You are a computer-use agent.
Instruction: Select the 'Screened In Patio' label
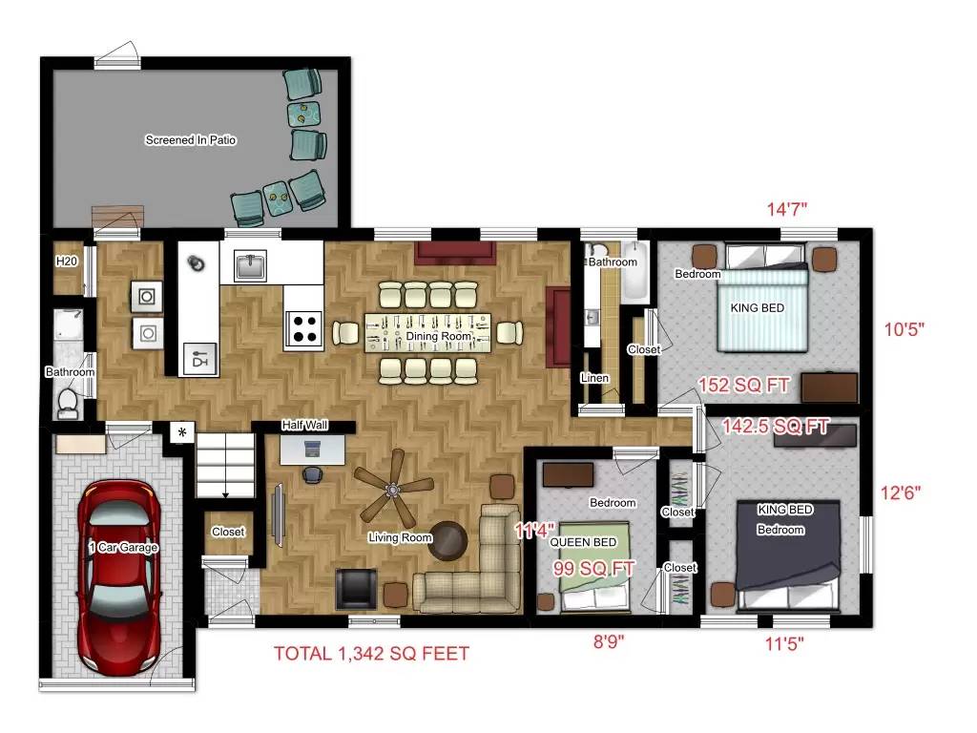[x=191, y=140]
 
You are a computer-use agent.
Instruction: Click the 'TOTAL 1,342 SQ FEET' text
[x=371, y=654]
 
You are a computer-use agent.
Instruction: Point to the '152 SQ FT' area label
[x=743, y=386]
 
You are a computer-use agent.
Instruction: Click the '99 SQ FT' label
[x=593, y=569]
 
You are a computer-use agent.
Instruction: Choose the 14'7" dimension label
[x=788, y=209]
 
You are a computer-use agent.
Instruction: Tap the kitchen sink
[x=251, y=267]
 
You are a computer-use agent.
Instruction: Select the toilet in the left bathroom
[x=67, y=403]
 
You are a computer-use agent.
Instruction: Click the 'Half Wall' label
[x=305, y=425]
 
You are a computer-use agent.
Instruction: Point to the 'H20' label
[x=67, y=262]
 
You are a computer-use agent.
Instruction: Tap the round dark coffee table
[x=448, y=539]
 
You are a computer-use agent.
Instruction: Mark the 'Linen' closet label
[x=595, y=378]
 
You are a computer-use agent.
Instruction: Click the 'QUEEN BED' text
[x=584, y=542]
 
